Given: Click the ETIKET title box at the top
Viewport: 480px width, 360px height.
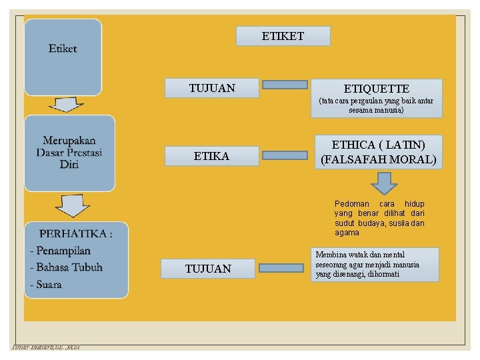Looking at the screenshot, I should pos(283,36).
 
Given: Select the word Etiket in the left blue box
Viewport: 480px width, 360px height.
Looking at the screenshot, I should pos(63,49).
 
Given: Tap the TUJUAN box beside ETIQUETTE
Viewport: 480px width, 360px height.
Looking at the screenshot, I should pos(212,87).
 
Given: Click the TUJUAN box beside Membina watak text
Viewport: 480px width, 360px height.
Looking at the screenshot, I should pos(208,269).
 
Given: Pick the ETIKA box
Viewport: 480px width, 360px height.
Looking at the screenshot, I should pos(211,156).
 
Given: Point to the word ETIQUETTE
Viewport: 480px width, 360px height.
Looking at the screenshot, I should pos(376,89).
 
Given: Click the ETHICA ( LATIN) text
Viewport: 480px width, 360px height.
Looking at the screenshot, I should pos(378,145).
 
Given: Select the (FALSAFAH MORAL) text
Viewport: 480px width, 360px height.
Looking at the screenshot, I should pos(378,160).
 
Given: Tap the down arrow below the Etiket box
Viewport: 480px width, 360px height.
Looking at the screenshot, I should pos(64,105).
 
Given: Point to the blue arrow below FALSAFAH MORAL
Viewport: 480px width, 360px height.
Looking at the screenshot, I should pos(383,183).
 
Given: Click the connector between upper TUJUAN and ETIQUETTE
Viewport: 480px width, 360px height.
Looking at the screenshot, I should pos(284,85).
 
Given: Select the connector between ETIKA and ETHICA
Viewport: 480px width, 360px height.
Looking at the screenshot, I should pos(284,155).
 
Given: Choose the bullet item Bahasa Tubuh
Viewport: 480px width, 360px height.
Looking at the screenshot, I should pos(67,267).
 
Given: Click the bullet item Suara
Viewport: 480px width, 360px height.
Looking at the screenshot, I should pos(46,285).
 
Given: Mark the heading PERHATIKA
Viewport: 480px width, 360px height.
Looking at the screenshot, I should pos(75,233).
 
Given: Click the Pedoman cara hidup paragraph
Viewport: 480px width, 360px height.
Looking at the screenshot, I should pos(379,218).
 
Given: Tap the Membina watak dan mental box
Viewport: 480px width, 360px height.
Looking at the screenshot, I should pos(376,265).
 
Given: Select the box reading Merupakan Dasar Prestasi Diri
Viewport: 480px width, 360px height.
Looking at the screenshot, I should pos(69,153).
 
